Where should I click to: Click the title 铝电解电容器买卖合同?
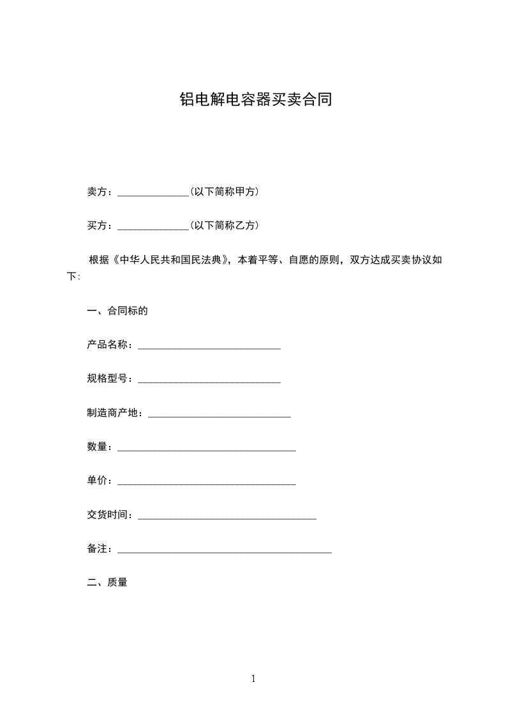click(255, 99)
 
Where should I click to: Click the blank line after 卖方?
click(153, 192)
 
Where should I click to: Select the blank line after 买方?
click(153, 226)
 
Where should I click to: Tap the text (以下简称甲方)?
click(224, 191)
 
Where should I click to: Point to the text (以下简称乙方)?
click(224, 225)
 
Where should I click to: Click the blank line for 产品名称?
click(209, 347)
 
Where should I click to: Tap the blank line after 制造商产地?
click(220, 415)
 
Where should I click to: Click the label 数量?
click(97, 447)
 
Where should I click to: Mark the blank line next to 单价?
click(207, 483)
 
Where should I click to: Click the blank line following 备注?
click(225, 551)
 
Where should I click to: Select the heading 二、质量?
click(107, 582)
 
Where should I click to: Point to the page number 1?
click(253, 679)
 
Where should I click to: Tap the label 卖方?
click(97, 191)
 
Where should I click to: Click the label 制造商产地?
click(112, 412)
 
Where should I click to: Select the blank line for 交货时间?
click(227, 517)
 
